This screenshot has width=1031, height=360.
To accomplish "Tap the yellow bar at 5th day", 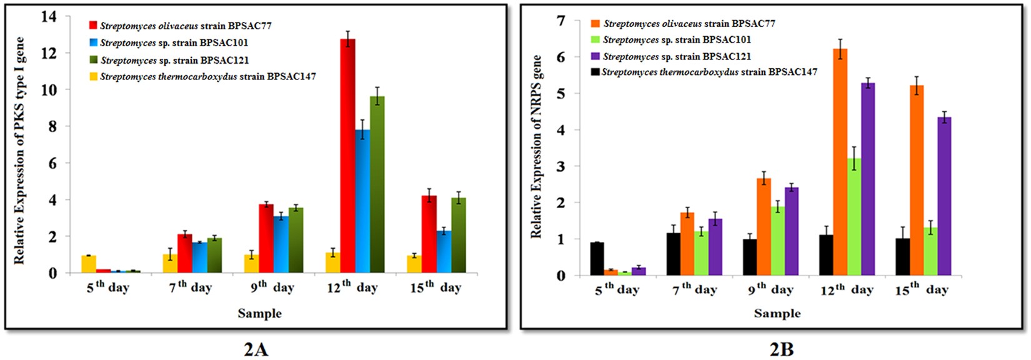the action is (89, 264).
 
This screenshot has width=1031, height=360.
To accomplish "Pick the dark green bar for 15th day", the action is (459, 236).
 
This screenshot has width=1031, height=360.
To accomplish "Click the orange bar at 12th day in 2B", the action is (840, 162).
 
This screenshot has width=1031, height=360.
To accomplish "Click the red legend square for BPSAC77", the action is (93, 26).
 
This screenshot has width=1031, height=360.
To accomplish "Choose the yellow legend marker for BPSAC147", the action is (93, 77).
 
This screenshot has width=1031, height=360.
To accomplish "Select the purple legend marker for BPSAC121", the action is (595, 56).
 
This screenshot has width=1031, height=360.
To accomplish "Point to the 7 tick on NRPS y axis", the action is (560, 21).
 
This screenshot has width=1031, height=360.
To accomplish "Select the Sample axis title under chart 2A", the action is (259, 313).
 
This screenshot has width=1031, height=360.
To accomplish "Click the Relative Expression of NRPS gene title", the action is (537, 147).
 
